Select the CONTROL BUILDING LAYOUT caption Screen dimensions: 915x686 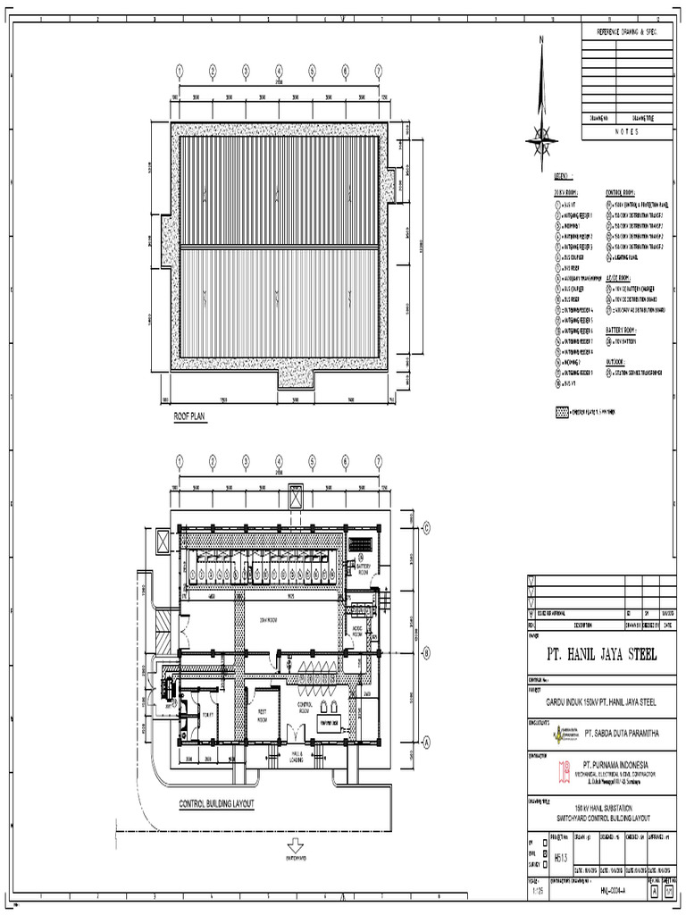coord(217,803)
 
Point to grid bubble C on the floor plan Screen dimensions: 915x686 coord(426,528)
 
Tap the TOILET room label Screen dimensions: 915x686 coord(207,714)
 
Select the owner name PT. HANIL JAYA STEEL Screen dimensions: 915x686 coord(601,655)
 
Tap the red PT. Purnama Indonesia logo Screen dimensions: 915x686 coord(565,769)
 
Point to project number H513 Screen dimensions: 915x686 coord(561,857)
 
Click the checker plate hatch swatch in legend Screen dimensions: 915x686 coord(563,413)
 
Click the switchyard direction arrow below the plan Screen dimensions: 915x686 coord(297,844)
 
